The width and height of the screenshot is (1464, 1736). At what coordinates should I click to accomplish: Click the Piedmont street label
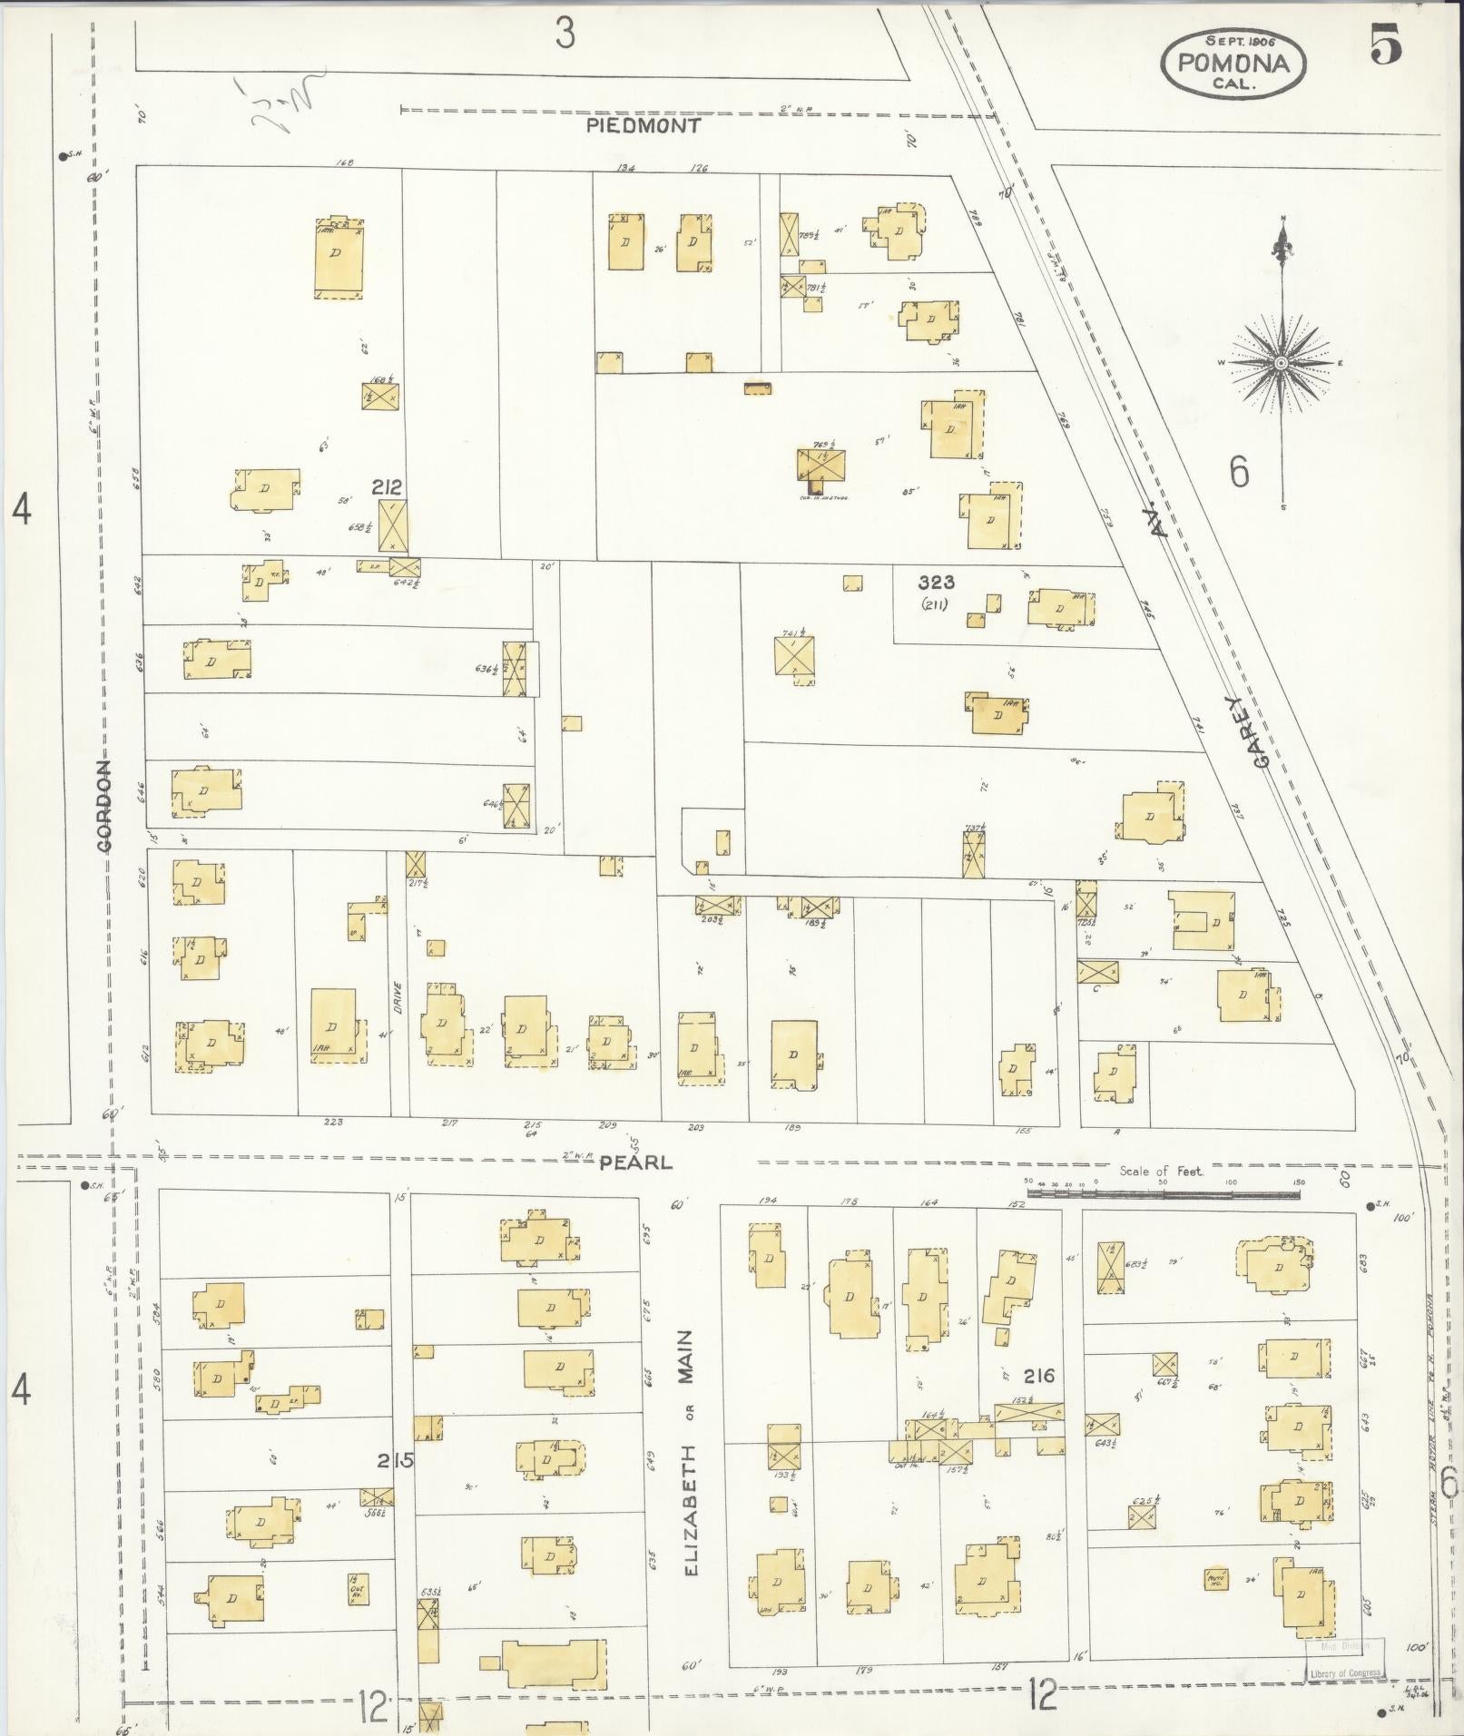643,126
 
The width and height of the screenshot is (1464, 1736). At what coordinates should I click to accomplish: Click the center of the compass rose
1281,363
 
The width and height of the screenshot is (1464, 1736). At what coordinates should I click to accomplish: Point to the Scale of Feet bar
1163,1194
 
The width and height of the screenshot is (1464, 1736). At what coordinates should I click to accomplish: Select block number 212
387,487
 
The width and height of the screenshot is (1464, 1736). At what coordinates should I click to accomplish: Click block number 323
936,583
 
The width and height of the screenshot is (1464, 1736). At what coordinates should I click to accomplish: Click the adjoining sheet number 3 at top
565,34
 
